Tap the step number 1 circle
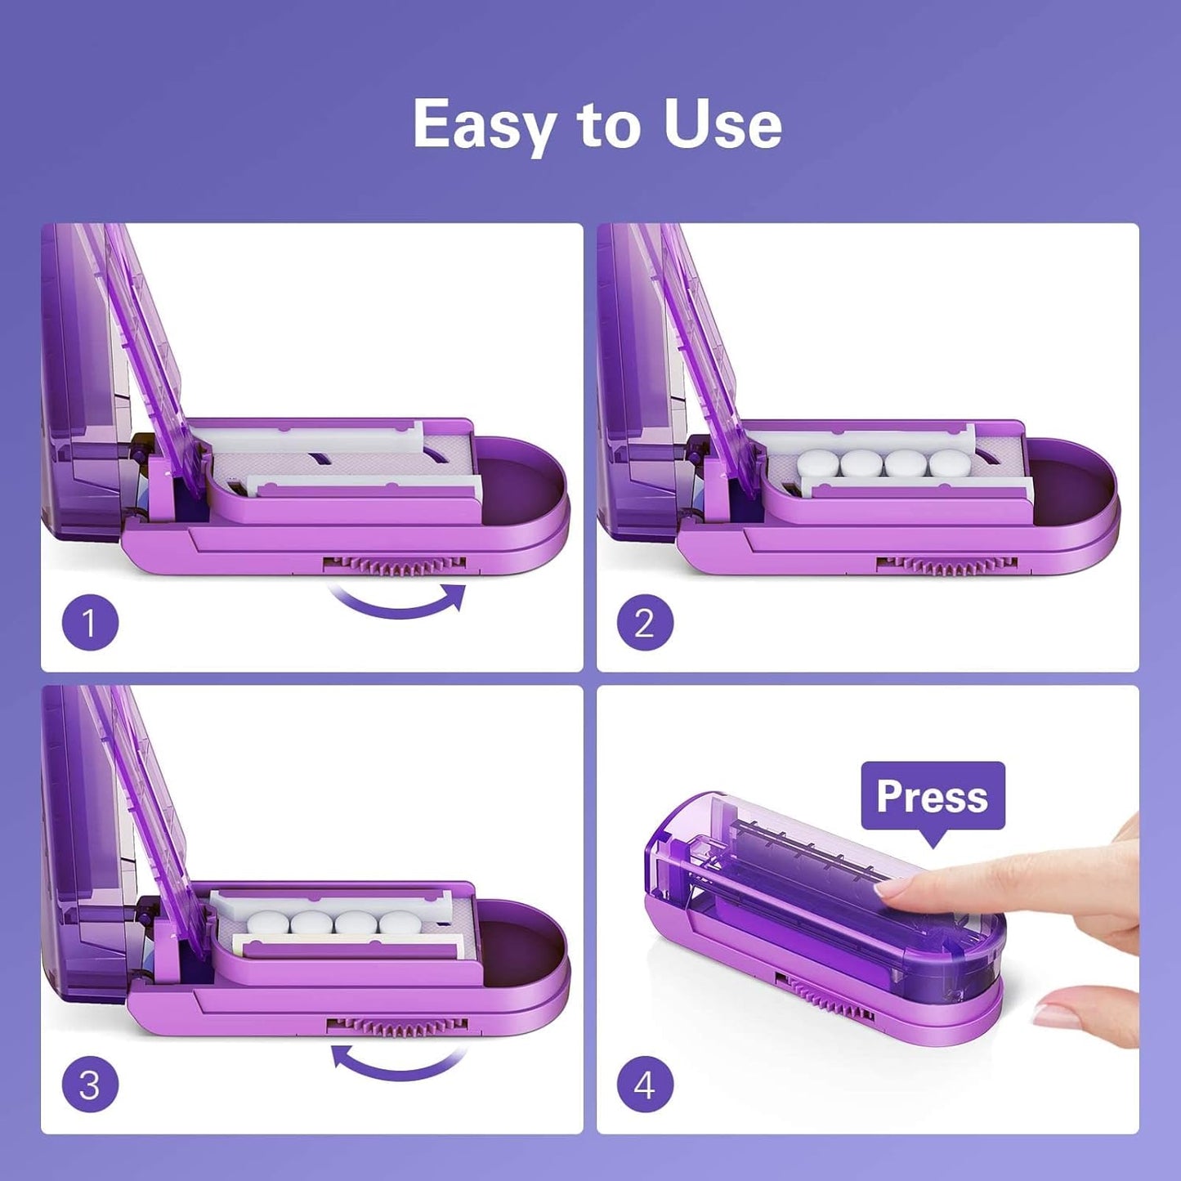(x=90, y=624)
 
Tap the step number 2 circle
(x=645, y=624)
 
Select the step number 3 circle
(x=90, y=1085)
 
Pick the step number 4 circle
(x=645, y=1085)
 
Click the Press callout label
(x=932, y=796)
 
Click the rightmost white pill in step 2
(x=951, y=464)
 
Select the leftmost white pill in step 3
(x=268, y=924)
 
